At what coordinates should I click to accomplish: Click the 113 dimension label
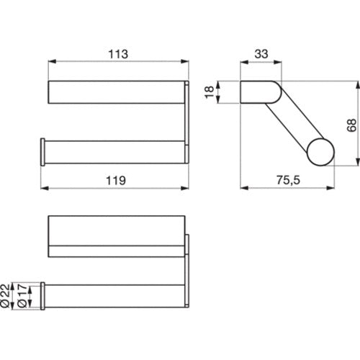pyautogui.click(x=118, y=54)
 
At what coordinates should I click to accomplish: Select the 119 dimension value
pyautogui.click(x=116, y=181)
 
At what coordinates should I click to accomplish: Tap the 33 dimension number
pyautogui.click(x=261, y=54)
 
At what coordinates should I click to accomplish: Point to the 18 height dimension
pyautogui.click(x=210, y=92)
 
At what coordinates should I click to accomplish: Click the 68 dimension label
pyautogui.click(x=351, y=125)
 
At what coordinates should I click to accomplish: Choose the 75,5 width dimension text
pyautogui.click(x=288, y=180)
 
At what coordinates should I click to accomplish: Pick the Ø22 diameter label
pyautogui.click(x=5, y=296)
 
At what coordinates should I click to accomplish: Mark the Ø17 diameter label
pyautogui.click(x=22, y=296)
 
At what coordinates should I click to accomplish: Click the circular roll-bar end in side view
pyautogui.click(x=320, y=152)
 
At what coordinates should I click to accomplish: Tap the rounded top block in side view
pyautogui.click(x=261, y=92)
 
